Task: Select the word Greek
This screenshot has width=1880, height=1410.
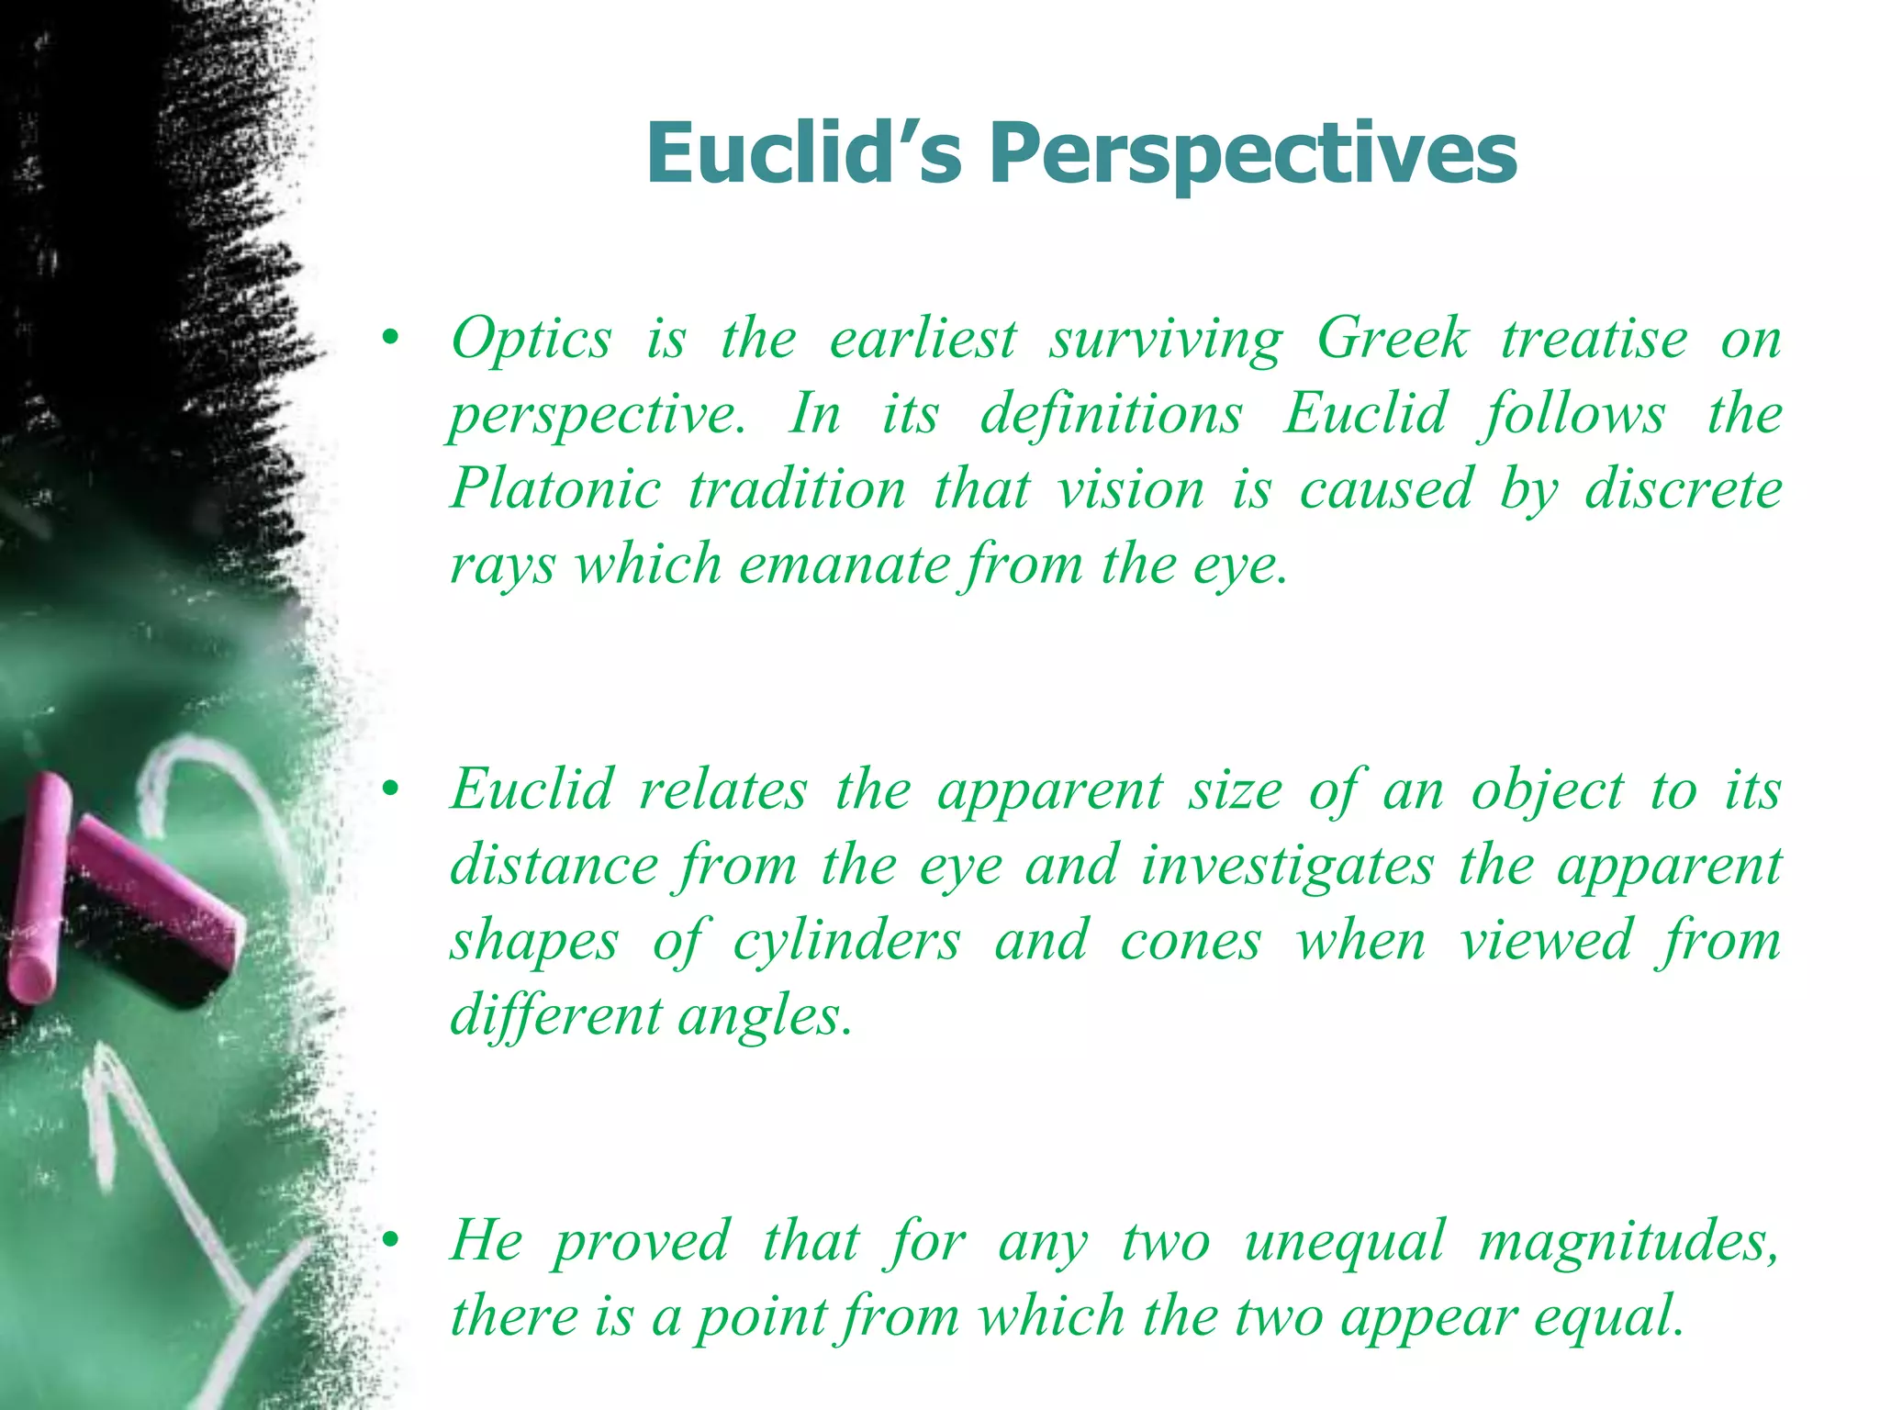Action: tap(1393, 338)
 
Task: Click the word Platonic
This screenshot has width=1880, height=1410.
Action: tap(555, 488)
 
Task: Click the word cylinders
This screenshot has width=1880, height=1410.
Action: tap(846, 941)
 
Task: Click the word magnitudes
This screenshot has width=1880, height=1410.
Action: tap(1629, 1242)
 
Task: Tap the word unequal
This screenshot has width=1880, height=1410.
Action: tap(1344, 1242)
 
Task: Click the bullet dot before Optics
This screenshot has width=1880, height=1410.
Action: tap(391, 339)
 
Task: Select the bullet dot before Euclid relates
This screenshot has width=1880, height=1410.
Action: tap(391, 789)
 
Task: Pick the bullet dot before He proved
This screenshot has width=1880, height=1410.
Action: tap(391, 1241)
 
